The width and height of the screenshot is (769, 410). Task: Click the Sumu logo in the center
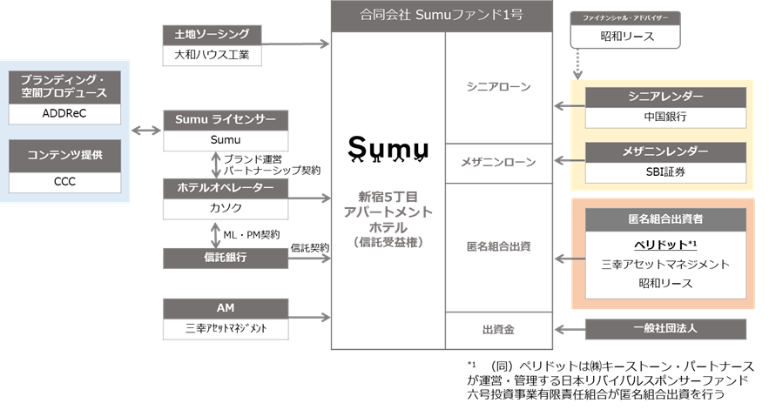click(x=389, y=146)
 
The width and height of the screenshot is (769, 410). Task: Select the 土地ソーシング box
click(x=212, y=35)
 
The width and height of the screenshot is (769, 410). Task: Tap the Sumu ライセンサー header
click(x=225, y=119)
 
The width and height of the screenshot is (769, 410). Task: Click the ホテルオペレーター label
click(x=225, y=188)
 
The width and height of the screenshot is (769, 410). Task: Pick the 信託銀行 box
click(x=225, y=258)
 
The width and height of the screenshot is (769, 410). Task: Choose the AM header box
click(x=225, y=308)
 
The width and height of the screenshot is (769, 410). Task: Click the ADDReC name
click(x=65, y=113)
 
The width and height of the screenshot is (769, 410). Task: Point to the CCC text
click(x=65, y=182)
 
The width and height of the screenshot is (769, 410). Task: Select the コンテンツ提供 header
click(x=65, y=155)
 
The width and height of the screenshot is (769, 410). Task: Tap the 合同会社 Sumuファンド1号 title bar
click(x=442, y=15)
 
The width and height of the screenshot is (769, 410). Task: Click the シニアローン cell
click(x=498, y=87)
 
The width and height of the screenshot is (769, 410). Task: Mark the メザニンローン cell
click(x=498, y=162)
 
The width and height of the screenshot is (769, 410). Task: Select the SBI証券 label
click(x=665, y=172)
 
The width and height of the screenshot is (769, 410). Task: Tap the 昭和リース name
click(x=665, y=283)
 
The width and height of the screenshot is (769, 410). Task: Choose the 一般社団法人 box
click(x=665, y=329)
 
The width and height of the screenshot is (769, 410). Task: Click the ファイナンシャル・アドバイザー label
click(x=624, y=17)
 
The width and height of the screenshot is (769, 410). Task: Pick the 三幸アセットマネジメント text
click(x=665, y=264)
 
